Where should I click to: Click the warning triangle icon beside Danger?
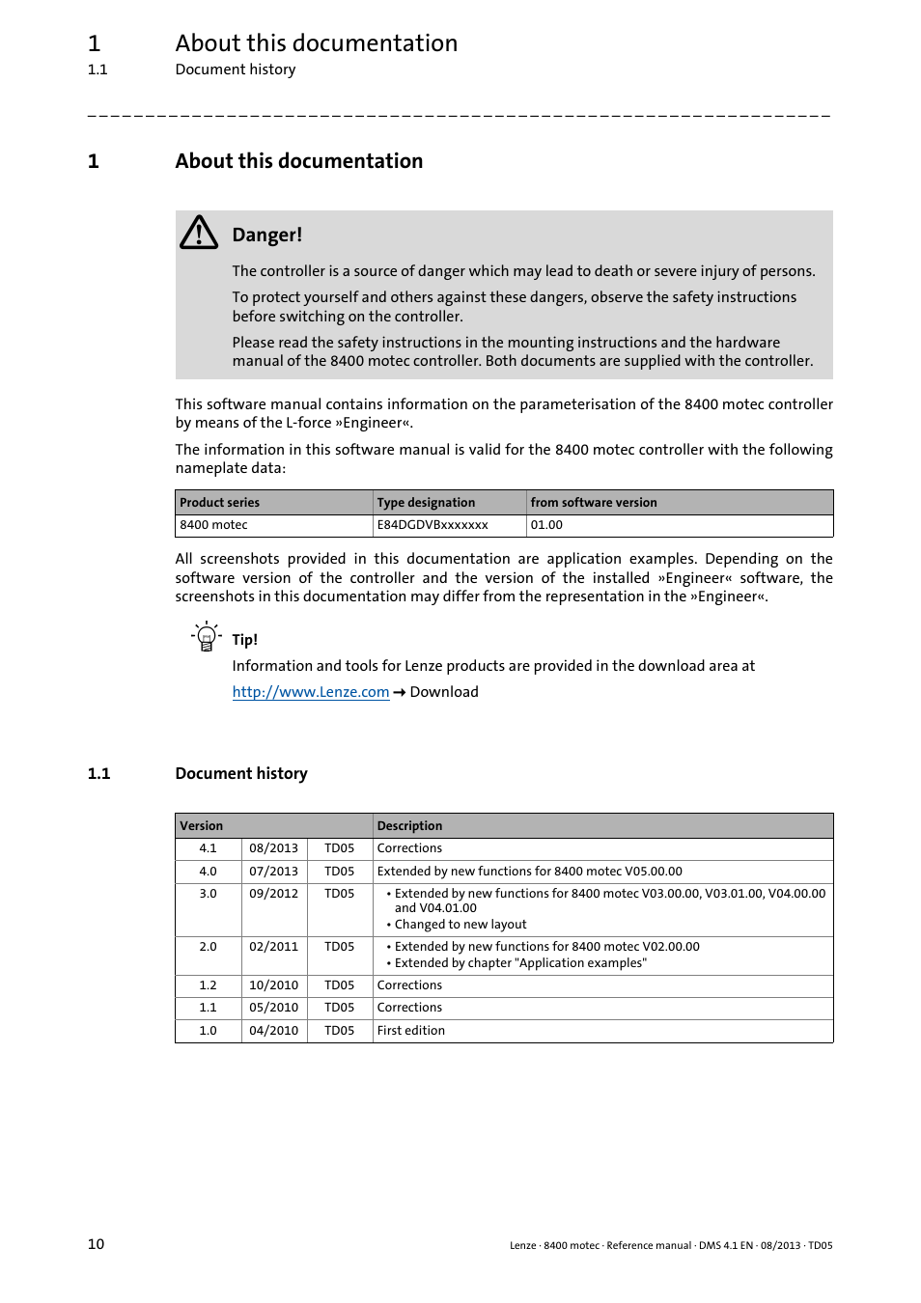(199, 234)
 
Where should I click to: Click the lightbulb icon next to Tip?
(205, 638)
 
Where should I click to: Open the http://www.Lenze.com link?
(310, 692)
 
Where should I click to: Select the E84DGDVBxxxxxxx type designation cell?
(433, 525)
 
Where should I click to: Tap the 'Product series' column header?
(220, 503)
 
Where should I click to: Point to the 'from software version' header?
(594, 503)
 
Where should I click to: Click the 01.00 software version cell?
(546, 525)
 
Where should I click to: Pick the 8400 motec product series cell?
(213, 525)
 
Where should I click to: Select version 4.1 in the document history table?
(208, 848)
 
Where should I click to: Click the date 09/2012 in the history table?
(273, 894)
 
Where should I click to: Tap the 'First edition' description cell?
(411, 1031)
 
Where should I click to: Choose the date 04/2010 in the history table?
(273, 1031)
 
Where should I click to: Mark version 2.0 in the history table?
(208, 947)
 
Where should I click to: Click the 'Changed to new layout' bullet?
(460, 925)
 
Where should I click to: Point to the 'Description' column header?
(409, 826)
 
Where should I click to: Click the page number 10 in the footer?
(96, 1244)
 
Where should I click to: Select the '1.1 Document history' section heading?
(240, 773)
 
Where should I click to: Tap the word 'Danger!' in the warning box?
(266, 235)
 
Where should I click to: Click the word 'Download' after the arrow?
(444, 692)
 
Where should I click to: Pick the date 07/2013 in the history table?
(273, 872)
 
